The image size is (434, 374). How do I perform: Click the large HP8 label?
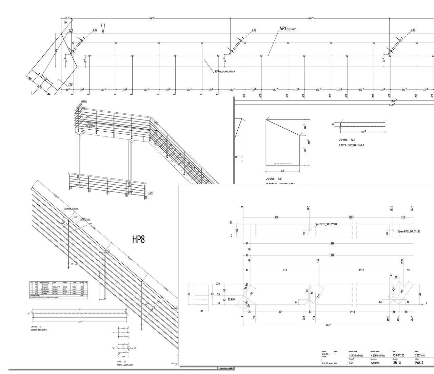(139, 240)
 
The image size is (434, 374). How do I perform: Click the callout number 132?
(71, 31)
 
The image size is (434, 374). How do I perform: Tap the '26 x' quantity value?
(397, 362)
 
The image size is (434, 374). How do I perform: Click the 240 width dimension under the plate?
(283, 171)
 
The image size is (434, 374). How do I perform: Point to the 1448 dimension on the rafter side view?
(353, 312)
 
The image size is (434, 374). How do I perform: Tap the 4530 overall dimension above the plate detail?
(394, 100)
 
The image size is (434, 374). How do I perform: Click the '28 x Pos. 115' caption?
(36, 326)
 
